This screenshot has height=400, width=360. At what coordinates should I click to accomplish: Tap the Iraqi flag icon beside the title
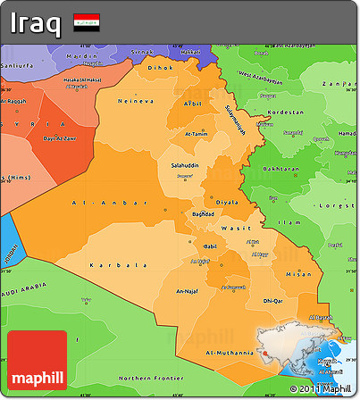click(87, 21)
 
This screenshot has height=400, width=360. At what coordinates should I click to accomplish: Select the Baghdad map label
click(204, 214)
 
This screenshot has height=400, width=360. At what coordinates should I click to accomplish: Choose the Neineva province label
click(131, 101)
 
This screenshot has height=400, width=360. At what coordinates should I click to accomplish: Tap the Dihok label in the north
click(160, 67)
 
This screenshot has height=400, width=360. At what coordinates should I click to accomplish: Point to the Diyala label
click(227, 202)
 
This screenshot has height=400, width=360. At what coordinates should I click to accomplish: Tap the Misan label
click(297, 274)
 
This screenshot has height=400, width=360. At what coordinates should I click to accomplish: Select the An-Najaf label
click(189, 291)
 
